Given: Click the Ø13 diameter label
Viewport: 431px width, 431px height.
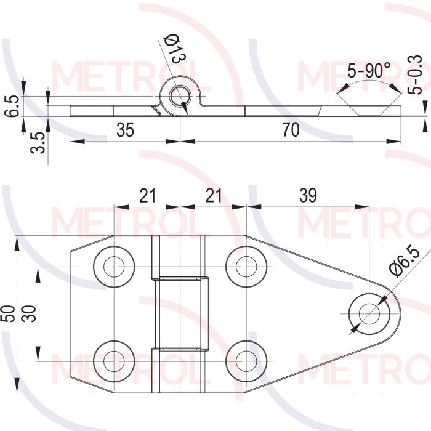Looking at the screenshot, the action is pyautogui.click(x=174, y=49).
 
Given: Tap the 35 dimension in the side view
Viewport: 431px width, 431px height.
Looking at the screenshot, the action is pyautogui.click(x=125, y=130).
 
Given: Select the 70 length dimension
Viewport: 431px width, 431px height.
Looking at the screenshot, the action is pyautogui.click(x=291, y=130).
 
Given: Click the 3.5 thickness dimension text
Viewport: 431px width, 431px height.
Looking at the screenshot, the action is pyautogui.click(x=38, y=142).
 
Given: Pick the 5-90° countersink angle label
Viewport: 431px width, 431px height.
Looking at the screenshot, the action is pyautogui.click(x=369, y=70).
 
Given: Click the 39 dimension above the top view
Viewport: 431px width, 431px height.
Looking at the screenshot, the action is pyautogui.click(x=308, y=195).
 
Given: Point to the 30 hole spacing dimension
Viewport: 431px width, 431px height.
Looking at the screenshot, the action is pyautogui.click(x=29, y=313).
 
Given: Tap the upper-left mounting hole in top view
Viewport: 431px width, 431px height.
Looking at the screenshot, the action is pyautogui.click(x=114, y=267).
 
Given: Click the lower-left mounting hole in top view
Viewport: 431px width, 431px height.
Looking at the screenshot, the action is pyautogui.click(x=114, y=361).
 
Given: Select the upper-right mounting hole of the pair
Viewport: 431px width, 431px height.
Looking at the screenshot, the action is pyautogui.click(x=246, y=267).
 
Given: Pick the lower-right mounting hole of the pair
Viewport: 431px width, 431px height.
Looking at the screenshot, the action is pyautogui.click(x=246, y=361).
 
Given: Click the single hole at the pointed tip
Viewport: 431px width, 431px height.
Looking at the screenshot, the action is pyautogui.click(x=369, y=313).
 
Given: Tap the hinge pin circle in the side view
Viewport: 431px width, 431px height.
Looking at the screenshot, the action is pyautogui.click(x=180, y=97).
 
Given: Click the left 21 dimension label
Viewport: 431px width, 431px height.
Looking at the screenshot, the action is pyautogui.click(x=147, y=195).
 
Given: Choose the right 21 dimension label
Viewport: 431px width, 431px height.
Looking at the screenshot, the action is pyautogui.click(x=213, y=195).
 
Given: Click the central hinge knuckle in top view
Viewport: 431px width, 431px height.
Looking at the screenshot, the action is pyautogui.click(x=182, y=313).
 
